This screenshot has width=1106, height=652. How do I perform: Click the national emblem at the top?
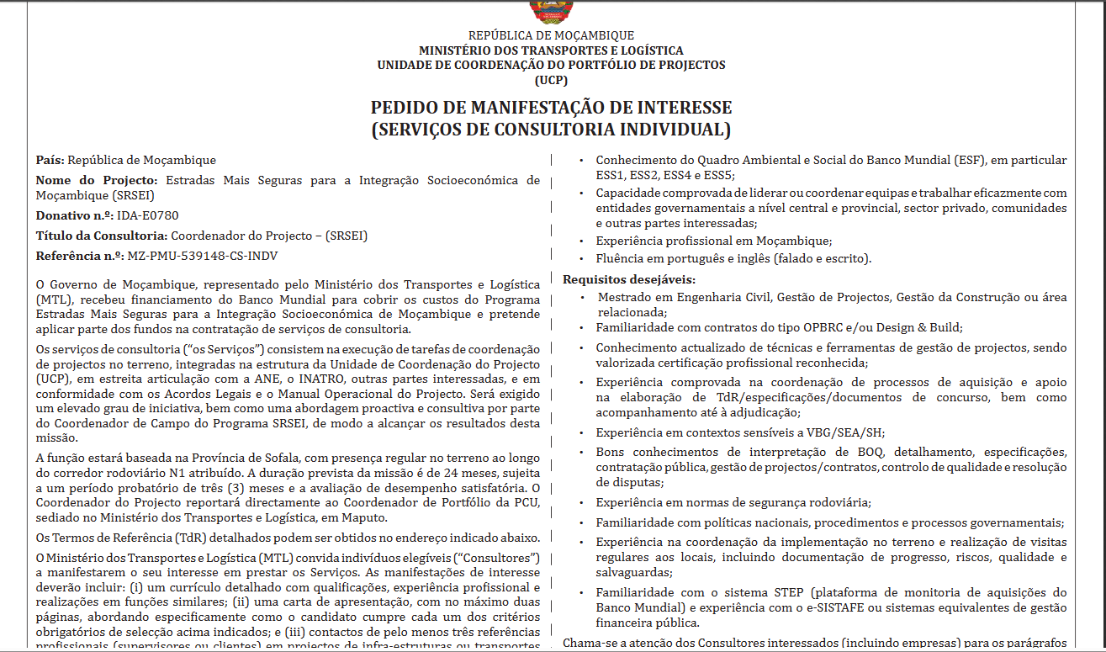click(551, 10)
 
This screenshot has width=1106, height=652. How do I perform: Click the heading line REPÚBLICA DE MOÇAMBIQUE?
click(551, 35)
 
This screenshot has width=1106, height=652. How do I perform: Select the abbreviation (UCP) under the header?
click(551, 81)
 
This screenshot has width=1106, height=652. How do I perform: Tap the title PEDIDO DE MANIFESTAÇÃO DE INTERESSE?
click(551, 108)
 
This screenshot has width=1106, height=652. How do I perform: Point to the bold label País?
click(50, 160)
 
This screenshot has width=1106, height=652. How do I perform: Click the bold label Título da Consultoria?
click(101, 236)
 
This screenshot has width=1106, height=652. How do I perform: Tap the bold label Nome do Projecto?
click(97, 180)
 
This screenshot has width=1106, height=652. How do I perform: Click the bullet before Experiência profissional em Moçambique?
click(585, 241)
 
